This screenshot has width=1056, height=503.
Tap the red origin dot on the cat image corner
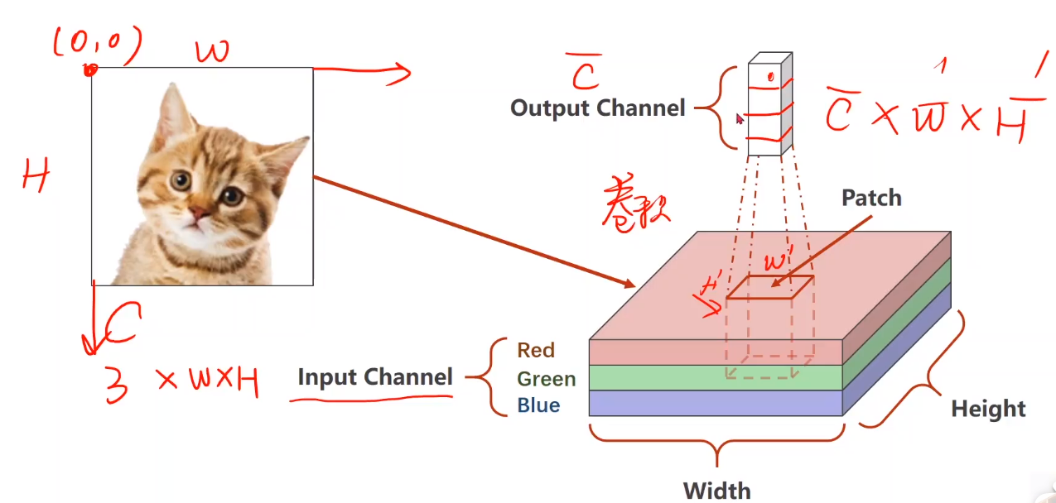[x=89, y=70]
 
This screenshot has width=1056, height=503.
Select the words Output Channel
[x=597, y=108]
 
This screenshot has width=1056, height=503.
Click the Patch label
[x=871, y=198]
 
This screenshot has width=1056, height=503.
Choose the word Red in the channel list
[x=536, y=350]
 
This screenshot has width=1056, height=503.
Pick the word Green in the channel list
[x=546, y=379]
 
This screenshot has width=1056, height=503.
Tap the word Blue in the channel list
[x=538, y=405]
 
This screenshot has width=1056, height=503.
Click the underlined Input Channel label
[x=374, y=377]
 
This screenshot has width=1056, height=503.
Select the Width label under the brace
[x=716, y=489]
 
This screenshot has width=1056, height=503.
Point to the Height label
[x=988, y=409]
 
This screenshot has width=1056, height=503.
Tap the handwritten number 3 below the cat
[x=116, y=385]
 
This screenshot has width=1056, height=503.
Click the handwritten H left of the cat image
[x=36, y=176]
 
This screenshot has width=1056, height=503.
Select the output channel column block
[x=769, y=106]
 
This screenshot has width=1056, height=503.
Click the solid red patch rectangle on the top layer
[x=769, y=287]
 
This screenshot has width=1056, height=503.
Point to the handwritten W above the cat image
[x=213, y=52]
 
